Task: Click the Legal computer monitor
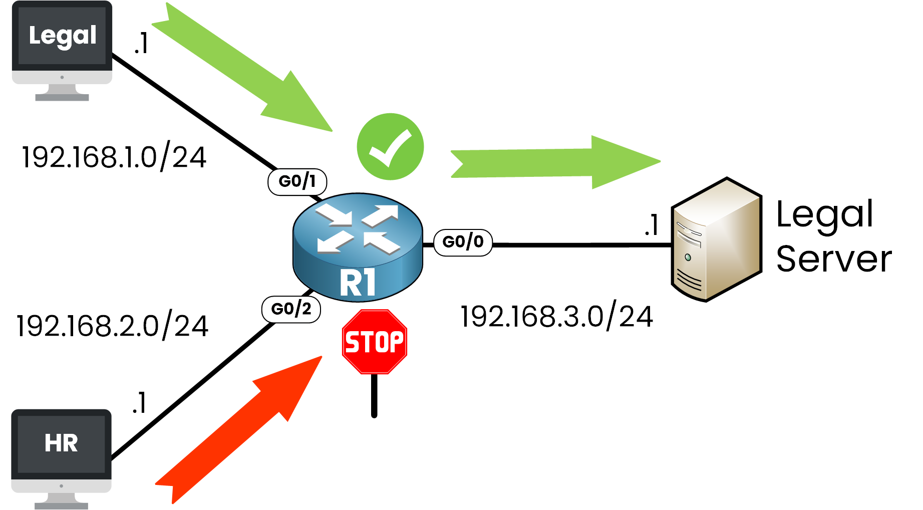pyautogui.click(x=62, y=45)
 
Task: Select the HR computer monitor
pyautogui.click(x=61, y=451)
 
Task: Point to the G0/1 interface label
pyautogui.click(x=297, y=181)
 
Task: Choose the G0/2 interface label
pyautogui.click(x=291, y=309)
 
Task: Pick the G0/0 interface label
pyautogui.click(x=463, y=242)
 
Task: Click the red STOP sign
pyautogui.click(x=374, y=342)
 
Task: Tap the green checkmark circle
pyautogui.click(x=390, y=147)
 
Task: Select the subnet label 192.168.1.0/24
pyautogui.click(x=114, y=157)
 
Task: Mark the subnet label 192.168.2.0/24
pyautogui.click(x=112, y=326)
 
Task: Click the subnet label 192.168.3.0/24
pyautogui.click(x=556, y=317)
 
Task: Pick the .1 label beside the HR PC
pyautogui.click(x=139, y=403)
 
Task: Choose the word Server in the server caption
pyautogui.click(x=834, y=259)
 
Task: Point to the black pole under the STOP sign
pyautogui.click(x=374, y=396)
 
